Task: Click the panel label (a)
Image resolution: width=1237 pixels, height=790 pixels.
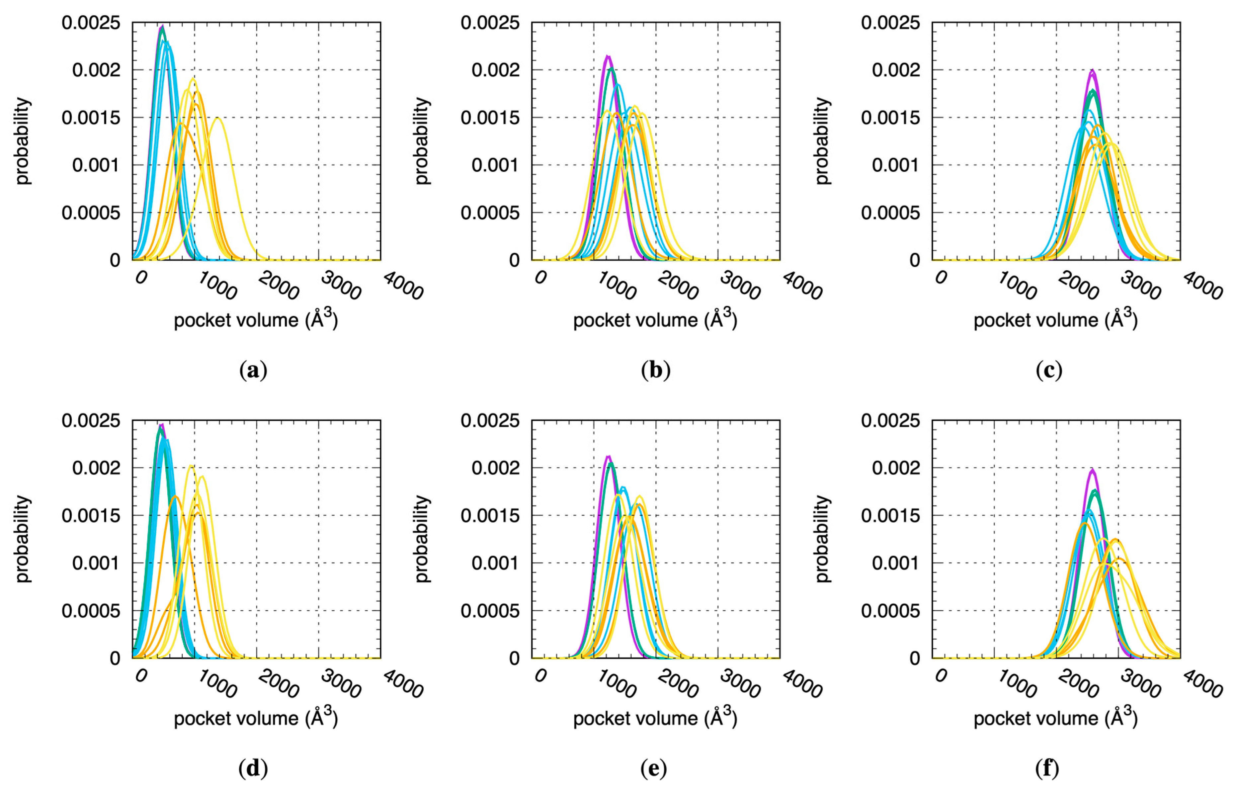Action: [x=253, y=370]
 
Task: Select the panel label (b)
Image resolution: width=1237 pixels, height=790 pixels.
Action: [x=655, y=370]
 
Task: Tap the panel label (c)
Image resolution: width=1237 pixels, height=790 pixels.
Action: [x=1048, y=370]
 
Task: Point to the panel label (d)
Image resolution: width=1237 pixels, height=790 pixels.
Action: [x=253, y=768]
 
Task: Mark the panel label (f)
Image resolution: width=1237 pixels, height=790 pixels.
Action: [x=1047, y=768]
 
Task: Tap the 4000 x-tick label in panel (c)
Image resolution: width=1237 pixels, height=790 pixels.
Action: [x=1202, y=286]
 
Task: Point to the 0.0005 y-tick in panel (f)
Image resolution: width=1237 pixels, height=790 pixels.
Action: [x=890, y=611]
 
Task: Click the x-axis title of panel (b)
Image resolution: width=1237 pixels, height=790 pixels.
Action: [x=655, y=320]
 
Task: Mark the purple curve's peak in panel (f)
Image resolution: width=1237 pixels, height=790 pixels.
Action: [x=1092, y=469]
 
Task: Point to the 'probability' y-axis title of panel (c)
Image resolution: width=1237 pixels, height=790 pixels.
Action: [x=822, y=140]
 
